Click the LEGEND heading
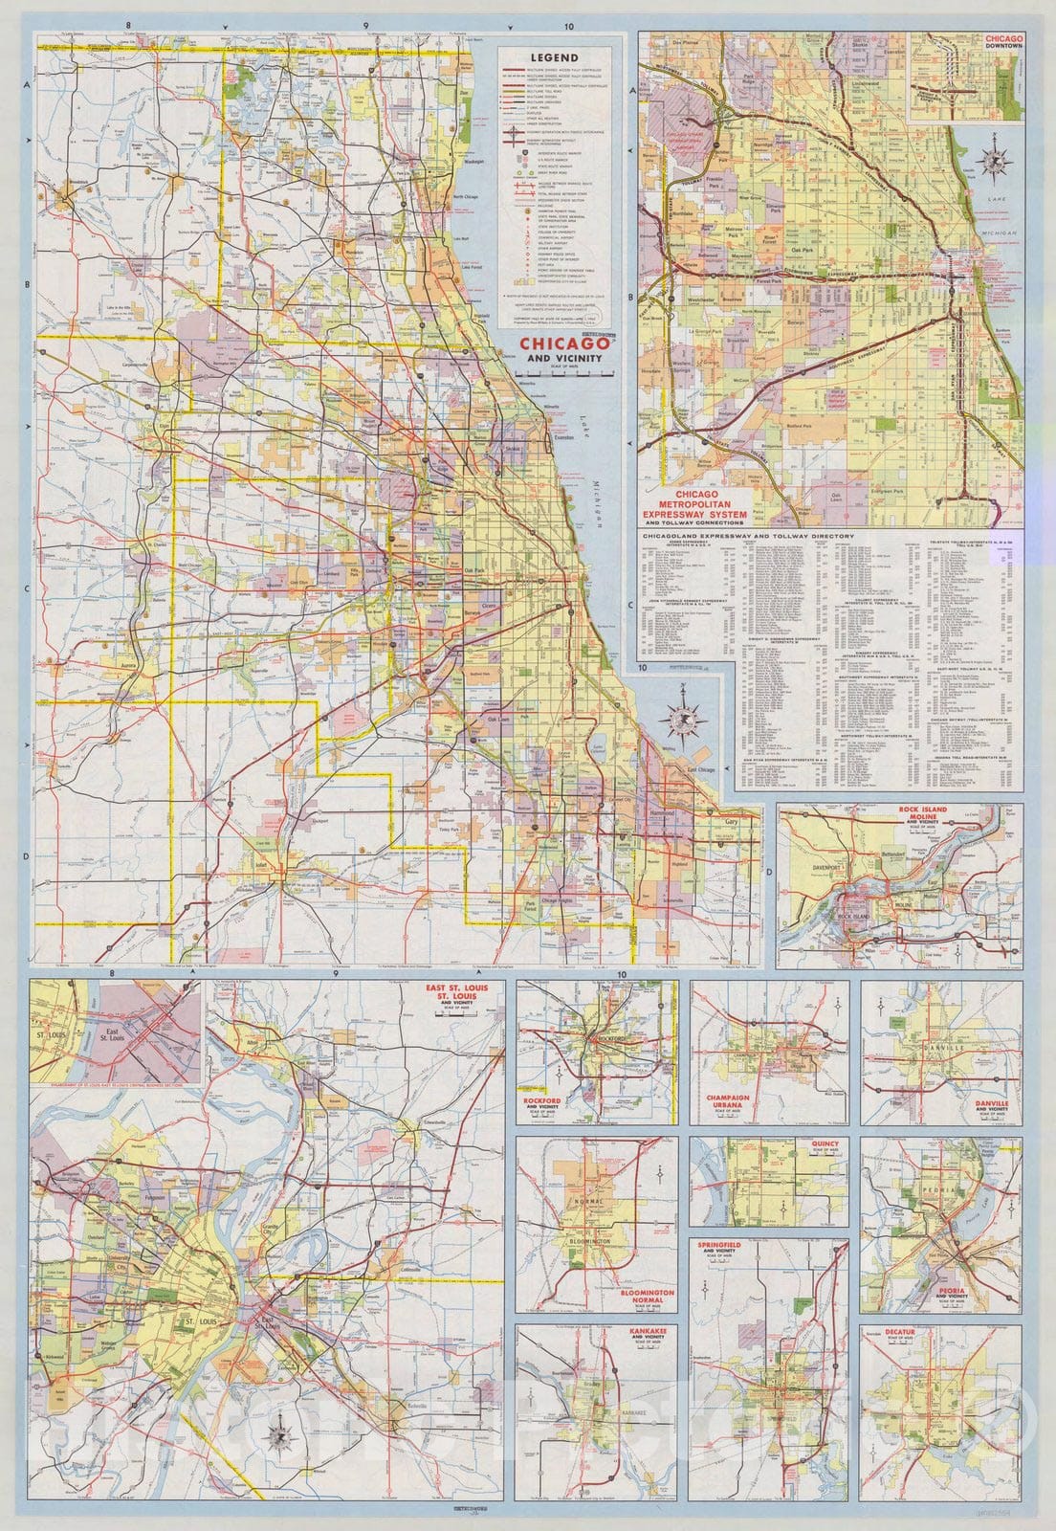(x=559, y=56)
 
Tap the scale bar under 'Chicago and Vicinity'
(x=564, y=375)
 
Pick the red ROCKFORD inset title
(x=542, y=1101)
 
